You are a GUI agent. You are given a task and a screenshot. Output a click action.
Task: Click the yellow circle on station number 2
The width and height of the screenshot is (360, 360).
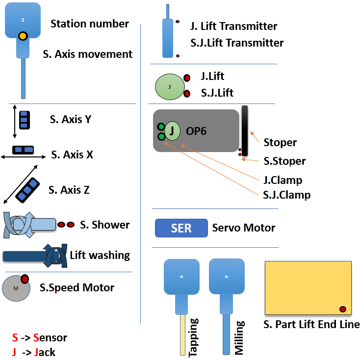[x=23, y=36]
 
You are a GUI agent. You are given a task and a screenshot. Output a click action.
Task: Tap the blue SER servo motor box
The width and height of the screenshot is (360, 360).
[x=181, y=228]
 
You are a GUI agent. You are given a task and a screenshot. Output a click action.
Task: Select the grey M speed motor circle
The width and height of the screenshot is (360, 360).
[x=16, y=288]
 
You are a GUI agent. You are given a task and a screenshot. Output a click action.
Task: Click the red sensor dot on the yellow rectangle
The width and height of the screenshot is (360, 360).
[x=343, y=309]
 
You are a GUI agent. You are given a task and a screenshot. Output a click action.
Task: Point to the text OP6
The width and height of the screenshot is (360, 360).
[x=196, y=131]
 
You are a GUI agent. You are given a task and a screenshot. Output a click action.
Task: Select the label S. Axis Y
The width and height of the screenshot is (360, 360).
[x=71, y=119]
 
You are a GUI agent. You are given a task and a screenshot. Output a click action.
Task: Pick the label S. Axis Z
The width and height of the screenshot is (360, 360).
[x=69, y=189]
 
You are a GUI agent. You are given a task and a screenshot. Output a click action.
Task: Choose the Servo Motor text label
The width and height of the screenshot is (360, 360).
[x=243, y=228]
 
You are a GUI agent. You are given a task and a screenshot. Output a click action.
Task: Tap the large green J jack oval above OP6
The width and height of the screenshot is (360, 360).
[x=169, y=87]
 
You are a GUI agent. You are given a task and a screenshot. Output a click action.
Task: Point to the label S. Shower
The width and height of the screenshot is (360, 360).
[x=104, y=225]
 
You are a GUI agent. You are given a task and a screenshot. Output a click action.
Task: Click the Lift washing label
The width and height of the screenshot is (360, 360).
[x=100, y=255]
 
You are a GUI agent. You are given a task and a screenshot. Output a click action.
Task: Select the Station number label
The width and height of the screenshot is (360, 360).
[x=90, y=24]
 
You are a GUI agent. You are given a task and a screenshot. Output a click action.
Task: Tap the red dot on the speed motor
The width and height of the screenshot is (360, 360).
[x=25, y=279]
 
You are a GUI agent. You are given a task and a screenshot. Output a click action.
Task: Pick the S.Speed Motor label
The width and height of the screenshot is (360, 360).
[x=77, y=287]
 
